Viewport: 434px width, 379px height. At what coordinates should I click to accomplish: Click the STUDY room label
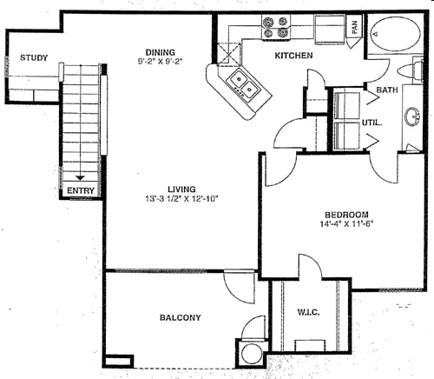[x=34, y=58]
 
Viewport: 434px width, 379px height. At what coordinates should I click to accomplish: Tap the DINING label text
[x=161, y=52]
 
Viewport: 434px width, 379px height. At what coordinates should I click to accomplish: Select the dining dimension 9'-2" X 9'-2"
[x=161, y=61]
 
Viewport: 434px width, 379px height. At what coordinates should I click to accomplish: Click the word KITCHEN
[x=293, y=56]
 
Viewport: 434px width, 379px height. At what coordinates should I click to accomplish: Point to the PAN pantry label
[x=354, y=28]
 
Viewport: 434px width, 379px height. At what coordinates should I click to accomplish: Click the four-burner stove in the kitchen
[x=276, y=27]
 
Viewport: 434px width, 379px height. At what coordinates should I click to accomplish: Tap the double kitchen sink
[x=244, y=84]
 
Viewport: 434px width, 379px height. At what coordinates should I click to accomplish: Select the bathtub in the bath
[x=396, y=34]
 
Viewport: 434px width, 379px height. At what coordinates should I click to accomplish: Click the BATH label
[x=387, y=90]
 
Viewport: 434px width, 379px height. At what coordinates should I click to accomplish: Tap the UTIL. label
[x=372, y=123]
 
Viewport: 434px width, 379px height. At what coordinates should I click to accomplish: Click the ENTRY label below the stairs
[x=81, y=190]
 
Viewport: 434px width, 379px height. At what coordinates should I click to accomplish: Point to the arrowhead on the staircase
[x=80, y=178]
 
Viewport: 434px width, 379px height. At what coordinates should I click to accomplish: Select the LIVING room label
[x=181, y=189]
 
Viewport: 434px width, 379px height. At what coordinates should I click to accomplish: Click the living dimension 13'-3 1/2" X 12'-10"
[x=181, y=199]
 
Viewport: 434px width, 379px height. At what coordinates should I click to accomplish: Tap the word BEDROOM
[x=346, y=215]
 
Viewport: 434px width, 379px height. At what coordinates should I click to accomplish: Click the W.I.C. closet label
[x=308, y=312]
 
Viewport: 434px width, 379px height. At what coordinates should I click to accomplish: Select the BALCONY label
[x=180, y=317]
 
